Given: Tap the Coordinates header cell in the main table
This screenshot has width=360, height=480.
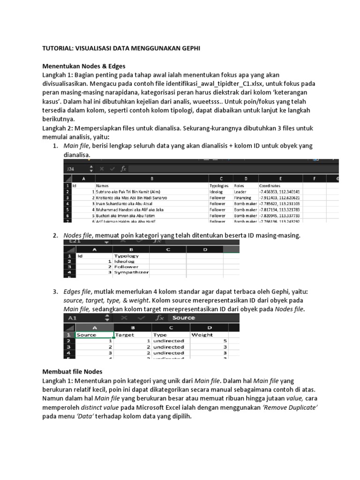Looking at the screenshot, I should tap(270, 186).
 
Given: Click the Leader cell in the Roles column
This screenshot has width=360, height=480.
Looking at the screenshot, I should tap(240, 192).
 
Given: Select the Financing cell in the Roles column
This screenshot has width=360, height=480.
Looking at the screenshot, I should tap(243, 198).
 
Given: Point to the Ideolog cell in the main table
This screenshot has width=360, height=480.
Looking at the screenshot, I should tap(217, 192).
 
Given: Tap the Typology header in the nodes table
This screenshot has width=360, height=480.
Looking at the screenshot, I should tap(127, 256).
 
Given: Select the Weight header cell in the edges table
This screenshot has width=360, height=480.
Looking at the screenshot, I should tap(202, 335).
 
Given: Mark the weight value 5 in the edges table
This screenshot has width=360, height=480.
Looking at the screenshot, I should tap(225, 341).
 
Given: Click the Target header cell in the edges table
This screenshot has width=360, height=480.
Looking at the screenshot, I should tap(125, 335).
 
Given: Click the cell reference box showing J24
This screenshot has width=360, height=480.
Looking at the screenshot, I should tap(71, 168).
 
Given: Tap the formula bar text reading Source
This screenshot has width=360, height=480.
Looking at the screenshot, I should tap(184, 318).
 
